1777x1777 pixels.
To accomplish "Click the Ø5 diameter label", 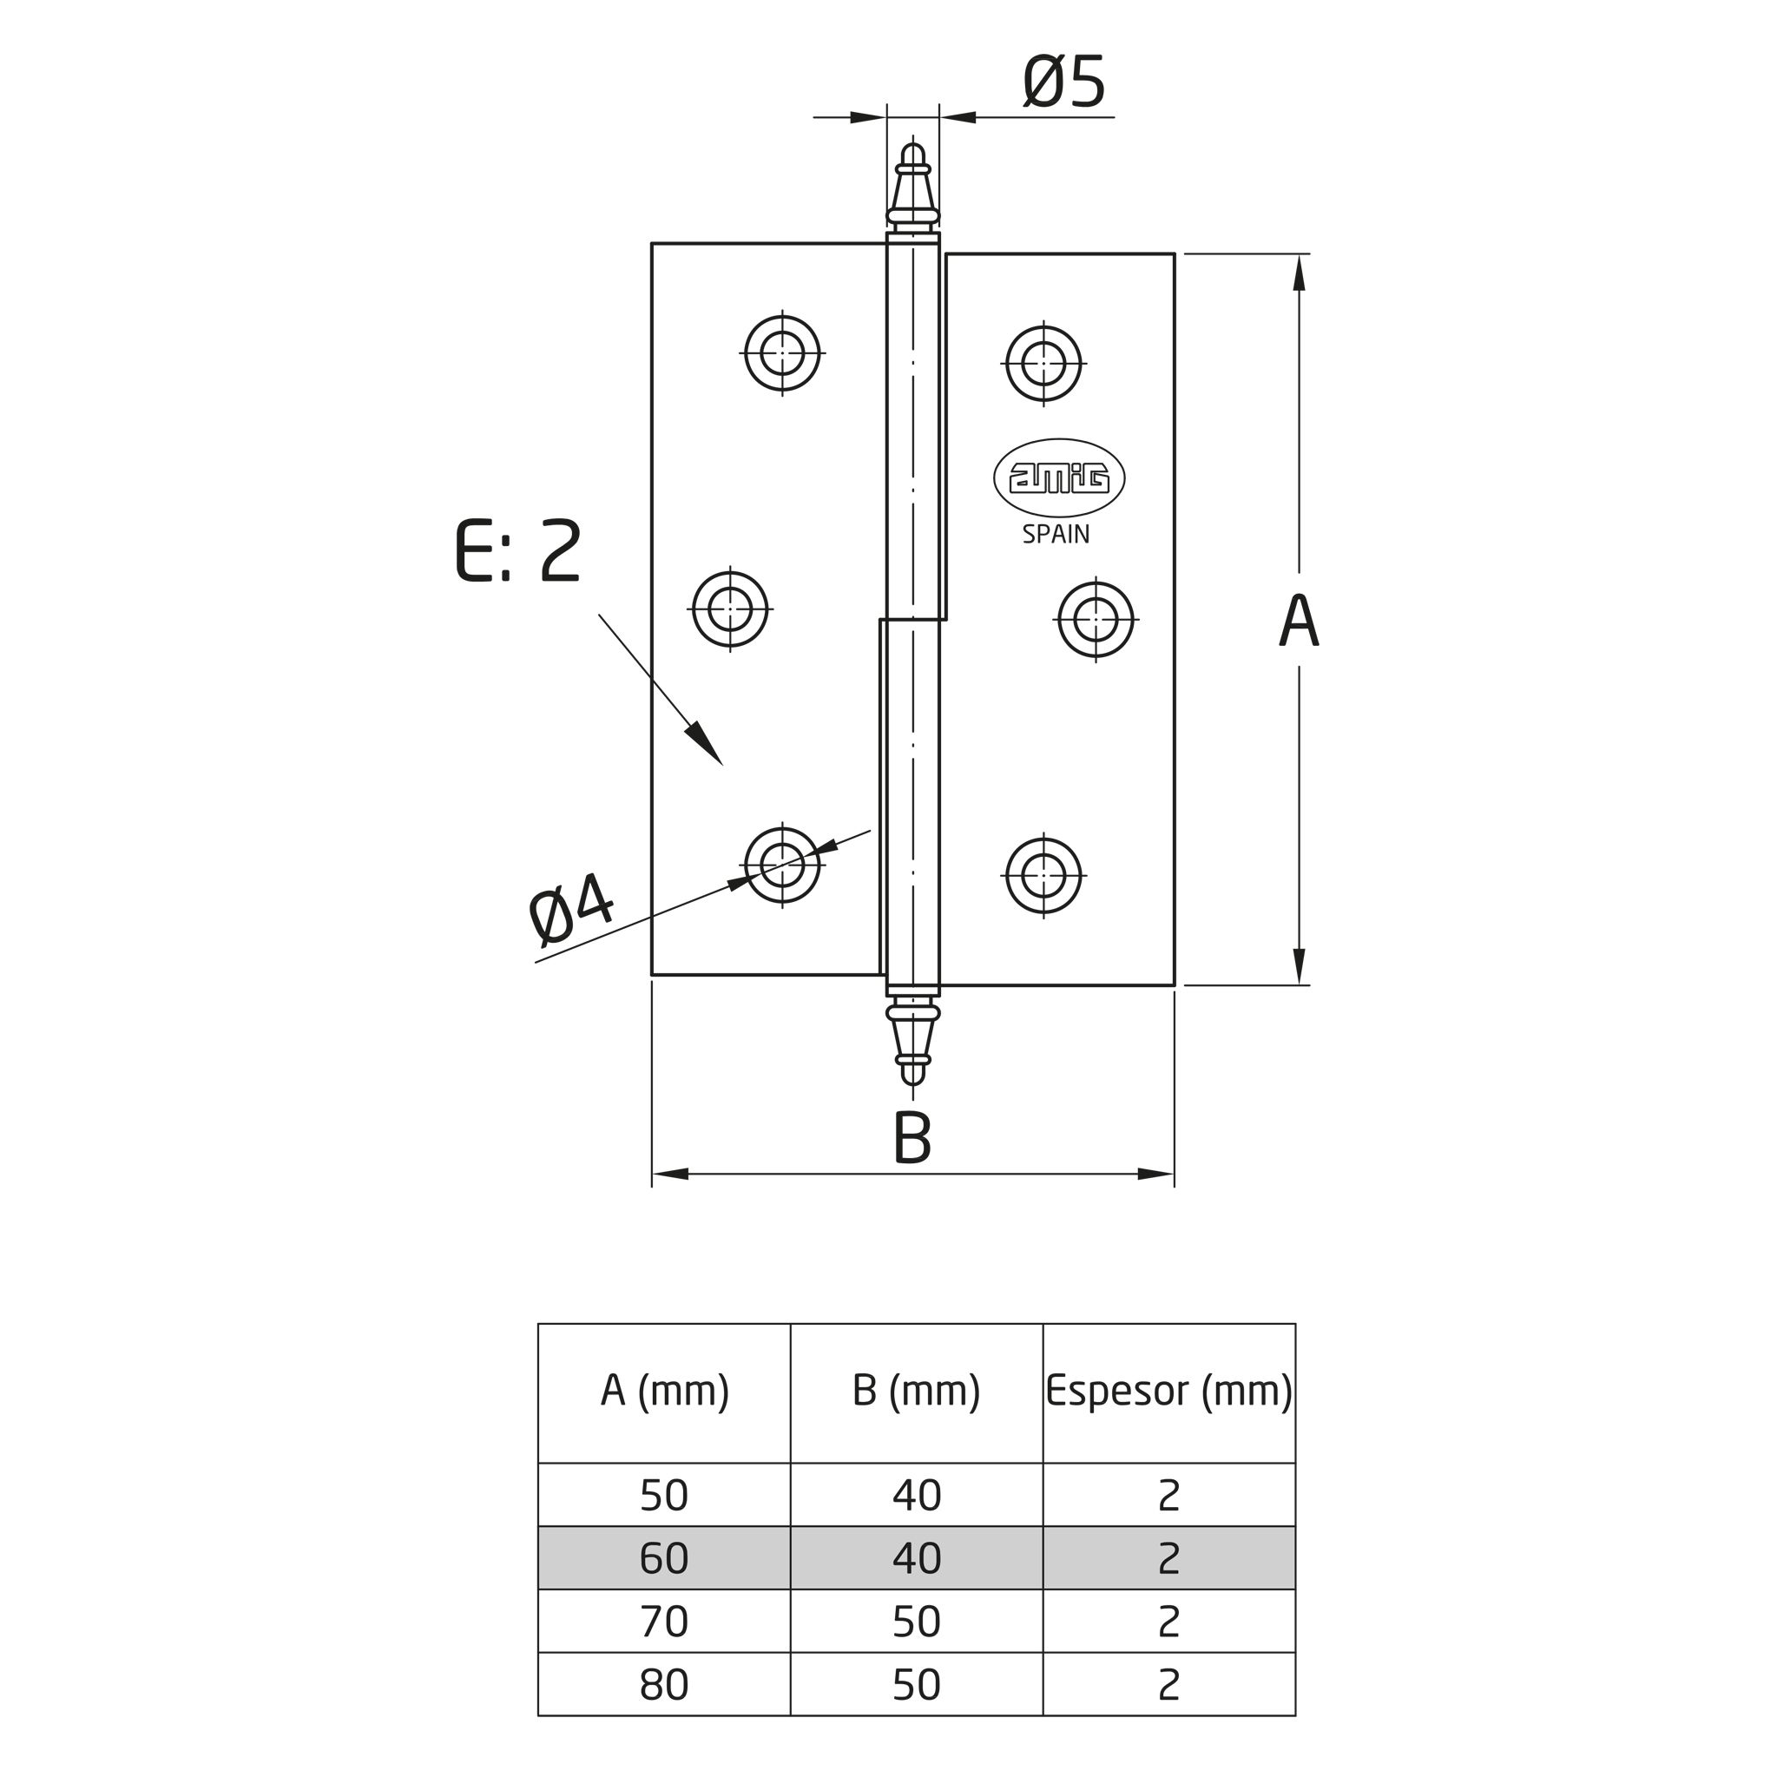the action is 1063,82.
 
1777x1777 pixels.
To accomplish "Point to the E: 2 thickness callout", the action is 519,551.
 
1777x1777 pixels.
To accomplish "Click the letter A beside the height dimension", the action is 1299,621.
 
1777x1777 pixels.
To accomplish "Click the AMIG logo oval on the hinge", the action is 1060,478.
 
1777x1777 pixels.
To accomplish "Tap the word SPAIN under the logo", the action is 1056,535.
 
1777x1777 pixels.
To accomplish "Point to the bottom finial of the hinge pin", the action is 912,1043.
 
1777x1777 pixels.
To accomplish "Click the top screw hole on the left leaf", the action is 783,353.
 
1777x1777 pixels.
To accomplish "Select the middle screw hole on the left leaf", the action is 730,609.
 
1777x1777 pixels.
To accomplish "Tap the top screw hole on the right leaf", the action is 1044,364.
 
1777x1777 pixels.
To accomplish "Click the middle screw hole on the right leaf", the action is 1096,619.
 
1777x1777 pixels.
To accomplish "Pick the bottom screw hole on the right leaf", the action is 1044,876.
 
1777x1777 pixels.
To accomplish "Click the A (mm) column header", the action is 665,1392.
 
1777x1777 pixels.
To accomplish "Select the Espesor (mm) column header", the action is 1169,1392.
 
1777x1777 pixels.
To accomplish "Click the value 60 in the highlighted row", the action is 664,1558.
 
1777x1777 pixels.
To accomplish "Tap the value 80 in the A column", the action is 664,1684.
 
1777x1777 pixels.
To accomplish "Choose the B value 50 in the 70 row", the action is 917,1622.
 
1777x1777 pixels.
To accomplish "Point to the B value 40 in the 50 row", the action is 917,1496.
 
